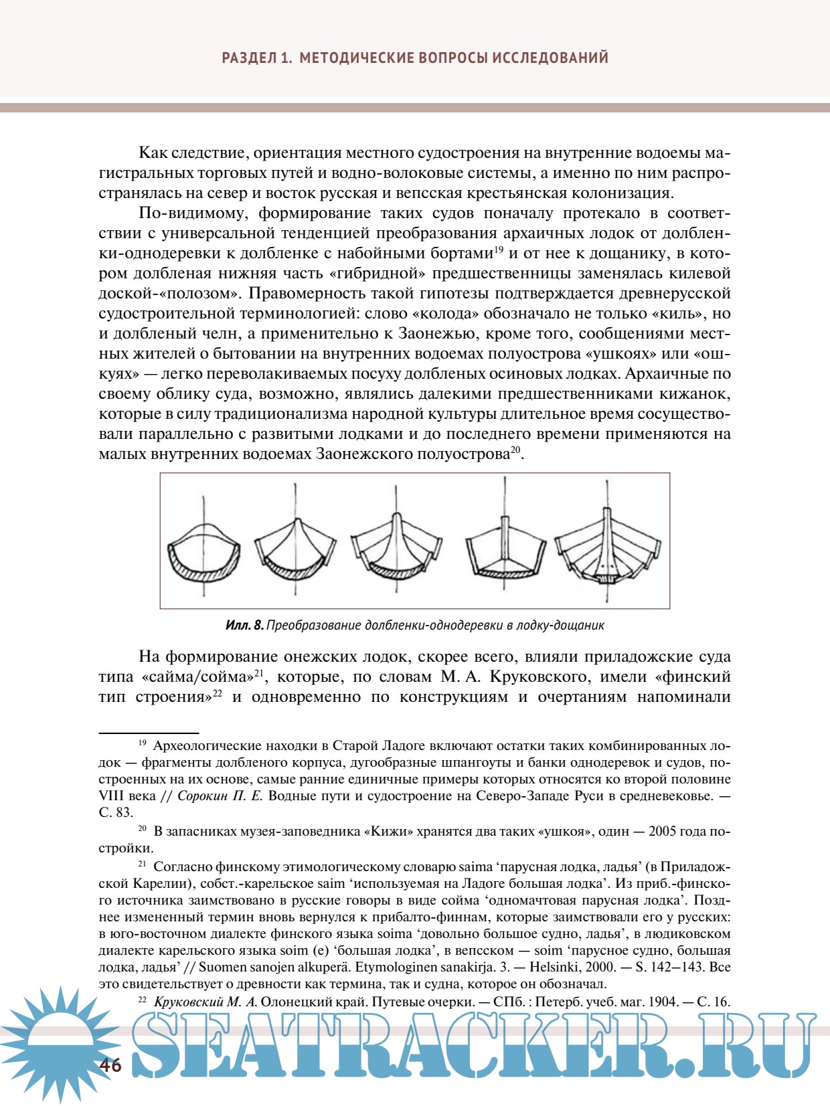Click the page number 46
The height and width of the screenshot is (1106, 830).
click(x=111, y=1065)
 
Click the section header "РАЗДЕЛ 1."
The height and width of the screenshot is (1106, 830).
click(x=257, y=58)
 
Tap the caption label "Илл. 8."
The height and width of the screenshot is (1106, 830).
click(x=244, y=626)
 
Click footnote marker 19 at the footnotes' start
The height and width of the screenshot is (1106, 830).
click(x=142, y=743)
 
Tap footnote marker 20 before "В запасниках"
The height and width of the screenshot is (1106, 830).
click(x=142, y=829)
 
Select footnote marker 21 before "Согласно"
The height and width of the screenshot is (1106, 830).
click(x=142, y=864)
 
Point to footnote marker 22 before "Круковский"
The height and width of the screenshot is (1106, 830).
click(x=142, y=1000)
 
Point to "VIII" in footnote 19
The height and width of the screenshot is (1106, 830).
click(x=112, y=796)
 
